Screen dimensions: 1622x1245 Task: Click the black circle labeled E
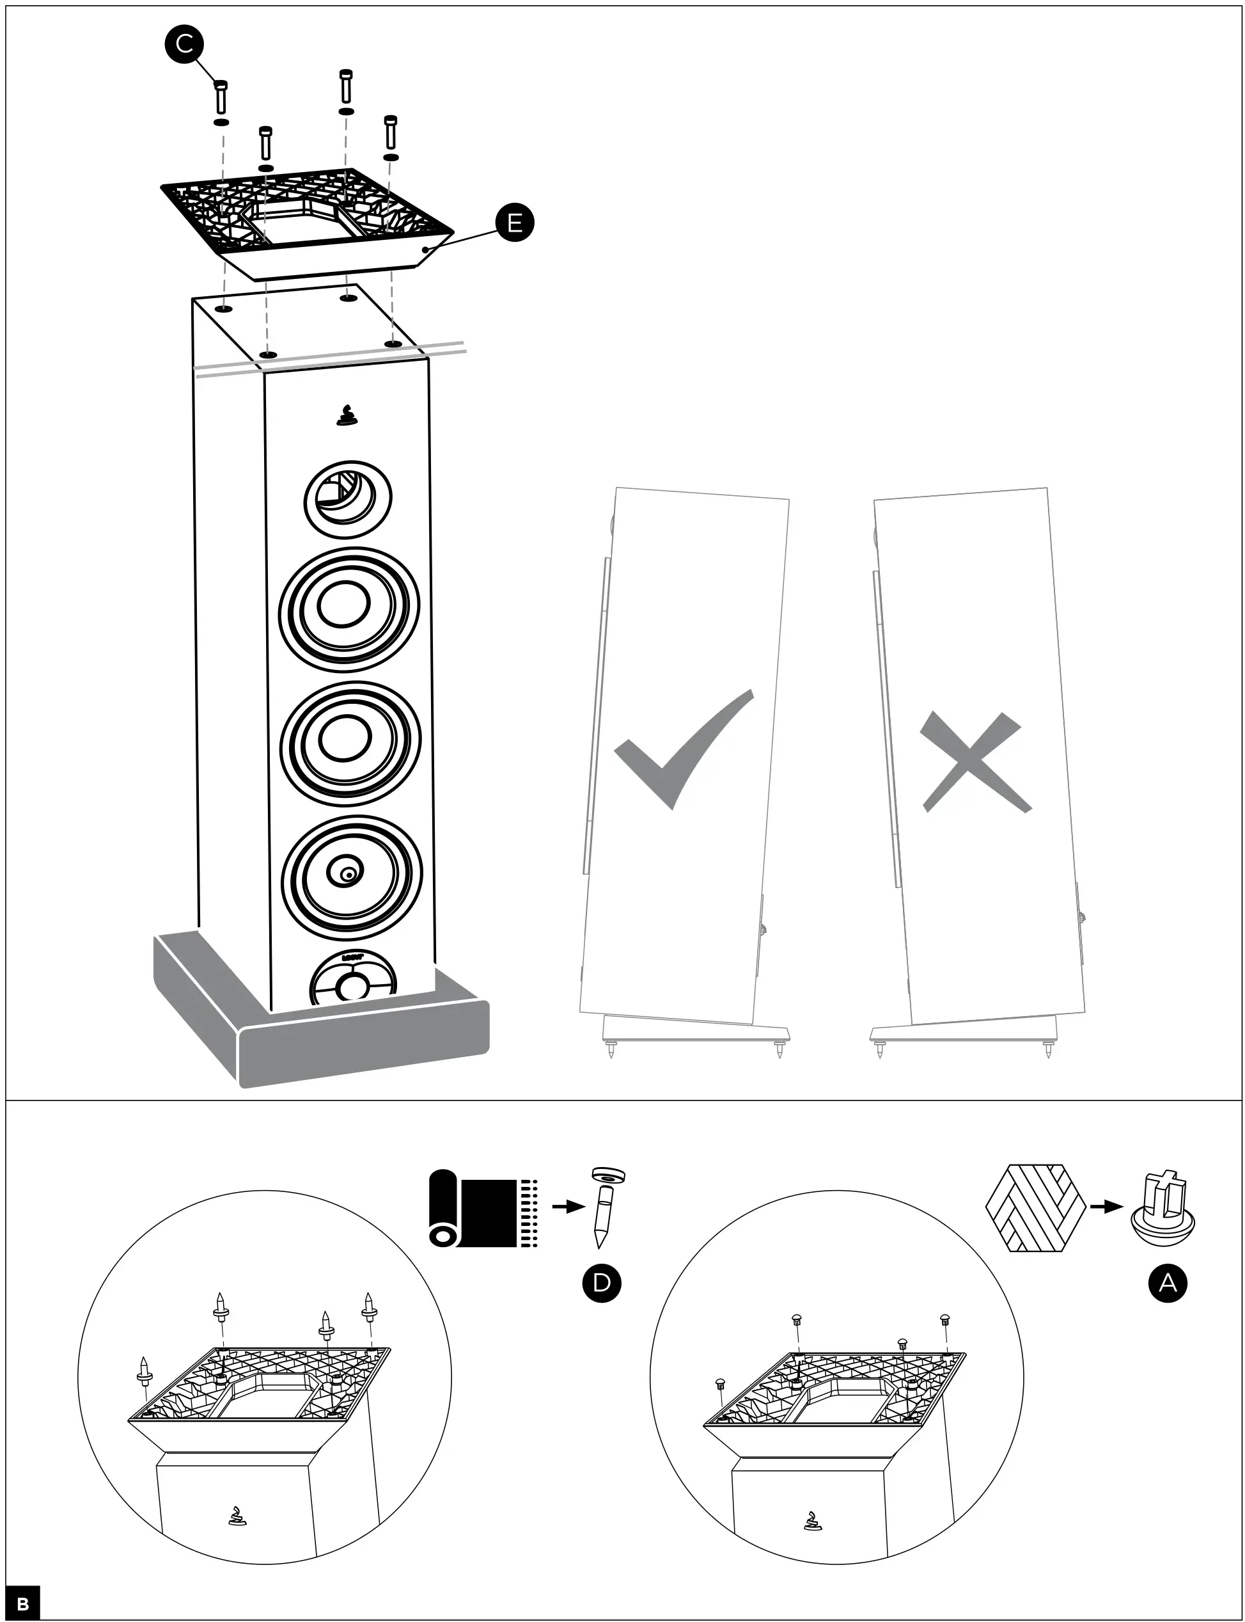point(514,223)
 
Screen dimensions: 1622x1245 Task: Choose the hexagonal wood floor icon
point(1035,1207)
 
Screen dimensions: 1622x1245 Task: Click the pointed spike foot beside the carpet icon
point(605,1207)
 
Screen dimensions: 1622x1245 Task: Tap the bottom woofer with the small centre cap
point(351,876)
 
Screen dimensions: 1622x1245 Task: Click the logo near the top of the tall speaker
point(346,417)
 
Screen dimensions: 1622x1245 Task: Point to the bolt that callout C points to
point(221,98)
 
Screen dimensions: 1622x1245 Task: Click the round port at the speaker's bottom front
point(352,981)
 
